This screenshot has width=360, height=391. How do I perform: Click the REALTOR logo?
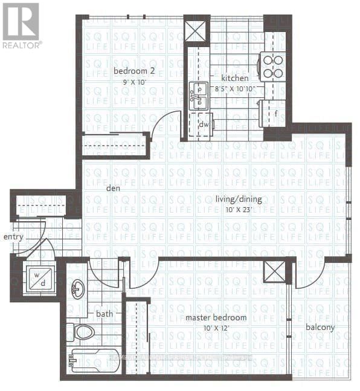pyautogui.click(x=21, y=25)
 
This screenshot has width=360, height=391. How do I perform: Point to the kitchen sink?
pyautogui.click(x=198, y=97)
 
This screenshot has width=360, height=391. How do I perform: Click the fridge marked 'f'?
pyautogui.click(x=275, y=112)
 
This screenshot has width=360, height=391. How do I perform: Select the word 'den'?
pyautogui.click(x=112, y=187)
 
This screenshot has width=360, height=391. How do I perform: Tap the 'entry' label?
pyautogui.click(x=13, y=236)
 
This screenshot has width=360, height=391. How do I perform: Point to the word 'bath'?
pyautogui.click(x=104, y=314)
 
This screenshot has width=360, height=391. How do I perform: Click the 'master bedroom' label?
pyautogui.click(x=216, y=318)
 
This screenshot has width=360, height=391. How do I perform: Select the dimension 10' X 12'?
pyautogui.click(x=216, y=328)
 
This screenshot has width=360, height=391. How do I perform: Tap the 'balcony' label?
pyautogui.click(x=321, y=328)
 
